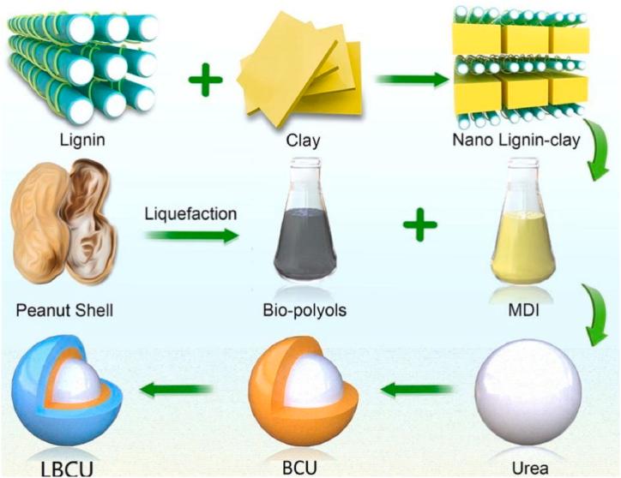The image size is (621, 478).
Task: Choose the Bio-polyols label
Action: click(x=306, y=309)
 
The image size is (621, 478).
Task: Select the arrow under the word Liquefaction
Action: click(x=190, y=234)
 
